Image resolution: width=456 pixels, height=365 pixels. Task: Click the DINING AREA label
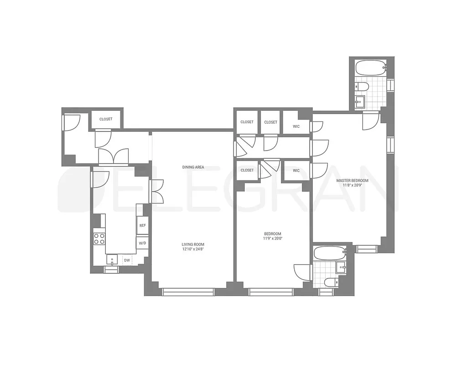[193, 167]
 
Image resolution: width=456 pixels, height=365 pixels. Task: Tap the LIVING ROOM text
[193, 245]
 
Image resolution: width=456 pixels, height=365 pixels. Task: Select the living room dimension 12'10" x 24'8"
[193, 250]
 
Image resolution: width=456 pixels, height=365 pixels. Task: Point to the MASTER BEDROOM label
[352, 181]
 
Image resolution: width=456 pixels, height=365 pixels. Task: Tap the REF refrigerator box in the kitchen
[142, 225]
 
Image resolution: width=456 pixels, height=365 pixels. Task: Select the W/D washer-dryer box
[142, 243]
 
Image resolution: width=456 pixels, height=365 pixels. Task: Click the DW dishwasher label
[127, 261]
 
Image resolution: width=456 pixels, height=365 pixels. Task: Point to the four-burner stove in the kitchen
[99, 239]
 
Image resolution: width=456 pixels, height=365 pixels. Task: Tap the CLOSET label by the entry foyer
[106, 119]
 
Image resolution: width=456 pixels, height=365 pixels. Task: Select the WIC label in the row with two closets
[296, 126]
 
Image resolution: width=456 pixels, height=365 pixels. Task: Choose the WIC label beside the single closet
[296, 171]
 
